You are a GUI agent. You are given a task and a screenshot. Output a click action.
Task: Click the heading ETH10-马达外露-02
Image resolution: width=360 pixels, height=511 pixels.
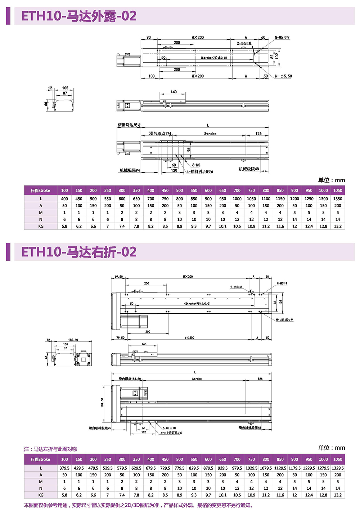point(79,16)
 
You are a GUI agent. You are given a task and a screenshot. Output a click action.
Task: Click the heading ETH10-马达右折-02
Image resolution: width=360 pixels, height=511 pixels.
point(79,252)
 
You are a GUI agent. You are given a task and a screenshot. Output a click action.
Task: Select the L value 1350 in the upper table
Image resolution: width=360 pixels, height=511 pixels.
point(338,199)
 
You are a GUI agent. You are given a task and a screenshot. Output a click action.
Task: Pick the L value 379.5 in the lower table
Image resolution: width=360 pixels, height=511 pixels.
point(64,468)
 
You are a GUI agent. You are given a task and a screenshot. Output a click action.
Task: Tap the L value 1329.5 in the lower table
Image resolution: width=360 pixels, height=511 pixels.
point(338,468)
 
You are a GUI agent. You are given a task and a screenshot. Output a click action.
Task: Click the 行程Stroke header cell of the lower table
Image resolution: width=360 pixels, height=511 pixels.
point(41,460)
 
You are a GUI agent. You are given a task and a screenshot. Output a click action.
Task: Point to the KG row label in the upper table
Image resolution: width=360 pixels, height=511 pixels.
point(41,227)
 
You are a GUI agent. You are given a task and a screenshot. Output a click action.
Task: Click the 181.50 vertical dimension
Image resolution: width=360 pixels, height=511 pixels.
point(102,403)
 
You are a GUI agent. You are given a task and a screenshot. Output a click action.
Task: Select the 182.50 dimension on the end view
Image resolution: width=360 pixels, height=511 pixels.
point(73,340)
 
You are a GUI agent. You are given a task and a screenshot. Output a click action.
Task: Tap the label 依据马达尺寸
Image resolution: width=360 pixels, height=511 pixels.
point(129,125)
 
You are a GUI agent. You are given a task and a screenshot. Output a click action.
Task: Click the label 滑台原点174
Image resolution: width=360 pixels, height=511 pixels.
point(160,134)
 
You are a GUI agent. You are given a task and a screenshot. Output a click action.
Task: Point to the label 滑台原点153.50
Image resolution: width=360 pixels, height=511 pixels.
point(130,379)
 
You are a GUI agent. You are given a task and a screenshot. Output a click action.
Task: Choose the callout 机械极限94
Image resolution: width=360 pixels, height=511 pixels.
point(130,170)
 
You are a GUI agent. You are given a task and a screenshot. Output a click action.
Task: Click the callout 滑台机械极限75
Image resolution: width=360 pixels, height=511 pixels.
point(100,428)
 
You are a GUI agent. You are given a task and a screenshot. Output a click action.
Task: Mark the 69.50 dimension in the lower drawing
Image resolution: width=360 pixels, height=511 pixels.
point(118,277)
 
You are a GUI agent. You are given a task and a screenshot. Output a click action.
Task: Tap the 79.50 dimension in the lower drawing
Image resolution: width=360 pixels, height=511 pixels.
point(120,338)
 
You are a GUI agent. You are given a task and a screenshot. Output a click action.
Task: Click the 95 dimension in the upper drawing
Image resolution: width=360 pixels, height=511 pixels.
point(189,149)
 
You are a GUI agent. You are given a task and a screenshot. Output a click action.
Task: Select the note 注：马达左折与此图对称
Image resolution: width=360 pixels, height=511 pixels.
point(50,449)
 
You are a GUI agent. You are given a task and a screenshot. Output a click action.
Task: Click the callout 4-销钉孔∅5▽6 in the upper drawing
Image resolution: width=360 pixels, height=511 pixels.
point(200,172)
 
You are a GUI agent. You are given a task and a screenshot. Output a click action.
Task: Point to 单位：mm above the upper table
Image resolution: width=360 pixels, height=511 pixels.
point(331,180)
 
